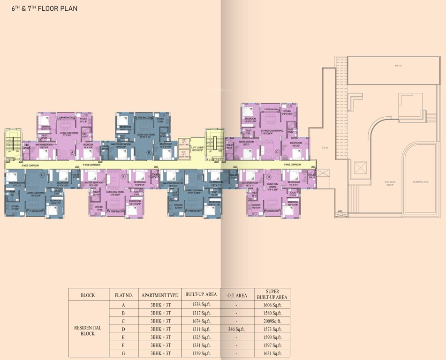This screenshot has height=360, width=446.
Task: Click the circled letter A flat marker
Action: (72, 152)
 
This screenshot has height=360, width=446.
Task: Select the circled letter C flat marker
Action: (277, 151)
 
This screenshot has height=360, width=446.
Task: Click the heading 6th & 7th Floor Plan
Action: (42, 8)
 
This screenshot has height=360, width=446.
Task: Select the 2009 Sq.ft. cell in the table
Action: (273, 321)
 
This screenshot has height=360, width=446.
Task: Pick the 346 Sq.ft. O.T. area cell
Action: (237, 329)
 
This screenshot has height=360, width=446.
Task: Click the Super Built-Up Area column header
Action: (273, 294)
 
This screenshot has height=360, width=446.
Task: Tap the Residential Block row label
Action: (88, 330)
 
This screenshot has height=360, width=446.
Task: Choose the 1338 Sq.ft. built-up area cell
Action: (201, 305)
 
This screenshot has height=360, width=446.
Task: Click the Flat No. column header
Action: (124, 295)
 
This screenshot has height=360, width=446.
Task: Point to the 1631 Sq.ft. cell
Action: (273, 353)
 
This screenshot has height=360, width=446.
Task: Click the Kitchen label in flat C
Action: (287, 112)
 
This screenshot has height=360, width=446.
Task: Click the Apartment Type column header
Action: (159, 295)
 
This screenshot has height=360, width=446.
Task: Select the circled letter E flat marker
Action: (199, 176)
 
